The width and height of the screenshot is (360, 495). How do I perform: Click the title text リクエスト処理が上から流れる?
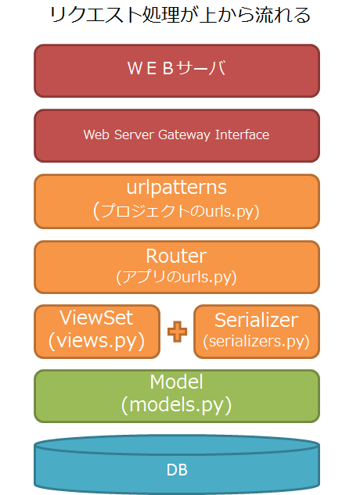(x=179, y=15)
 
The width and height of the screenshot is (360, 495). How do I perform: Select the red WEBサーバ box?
(x=177, y=70)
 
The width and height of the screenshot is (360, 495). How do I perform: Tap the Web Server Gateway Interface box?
(x=177, y=135)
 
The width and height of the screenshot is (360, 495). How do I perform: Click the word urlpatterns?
(x=176, y=188)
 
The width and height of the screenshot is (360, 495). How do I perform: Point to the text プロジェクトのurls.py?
(x=178, y=210)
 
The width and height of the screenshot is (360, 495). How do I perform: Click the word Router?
(x=176, y=256)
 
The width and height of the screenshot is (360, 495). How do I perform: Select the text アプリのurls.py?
(x=176, y=277)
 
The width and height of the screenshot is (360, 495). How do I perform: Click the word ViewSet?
(x=97, y=318)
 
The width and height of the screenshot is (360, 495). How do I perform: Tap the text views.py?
(x=97, y=341)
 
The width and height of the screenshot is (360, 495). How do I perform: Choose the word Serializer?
(x=256, y=320)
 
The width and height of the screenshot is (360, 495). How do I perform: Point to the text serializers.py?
(x=256, y=342)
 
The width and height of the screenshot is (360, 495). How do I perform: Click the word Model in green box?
(x=176, y=382)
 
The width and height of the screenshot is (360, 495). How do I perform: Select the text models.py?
(x=176, y=405)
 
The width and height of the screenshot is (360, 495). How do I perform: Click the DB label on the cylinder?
(x=177, y=470)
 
